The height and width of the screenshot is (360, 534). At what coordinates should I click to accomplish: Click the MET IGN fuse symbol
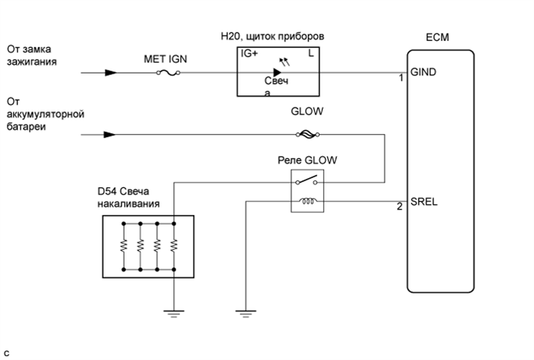coord(168,74)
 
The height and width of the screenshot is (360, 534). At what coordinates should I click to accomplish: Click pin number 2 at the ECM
coord(399,207)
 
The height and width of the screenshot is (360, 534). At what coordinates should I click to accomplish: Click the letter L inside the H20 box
coord(310,54)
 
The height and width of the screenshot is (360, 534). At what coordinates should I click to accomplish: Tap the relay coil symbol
coord(306,203)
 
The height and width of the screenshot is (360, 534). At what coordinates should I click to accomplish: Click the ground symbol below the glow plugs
coord(174,313)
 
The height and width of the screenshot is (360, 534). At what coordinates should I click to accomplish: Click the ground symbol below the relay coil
coord(245,313)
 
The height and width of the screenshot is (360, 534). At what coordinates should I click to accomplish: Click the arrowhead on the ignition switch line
coord(111,74)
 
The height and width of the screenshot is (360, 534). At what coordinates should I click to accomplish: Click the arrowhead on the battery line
coord(111,134)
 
